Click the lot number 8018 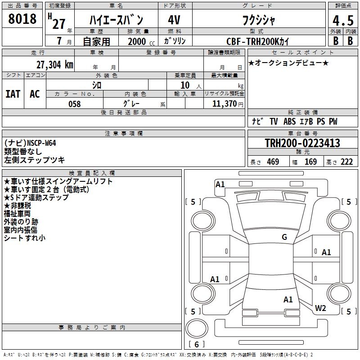tap(22, 19)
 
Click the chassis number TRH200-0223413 tap(302, 143)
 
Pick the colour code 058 tap(74, 104)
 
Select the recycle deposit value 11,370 tap(224, 104)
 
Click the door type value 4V tap(174, 20)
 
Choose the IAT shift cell tap(13, 94)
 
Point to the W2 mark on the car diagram tap(320, 308)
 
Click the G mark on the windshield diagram tap(284, 237)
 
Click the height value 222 tap(346, 162)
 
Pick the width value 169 tap(310, 162)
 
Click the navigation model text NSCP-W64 tap(41, 143)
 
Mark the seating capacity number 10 tap(185, 85)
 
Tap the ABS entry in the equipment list tap(290, 121)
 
